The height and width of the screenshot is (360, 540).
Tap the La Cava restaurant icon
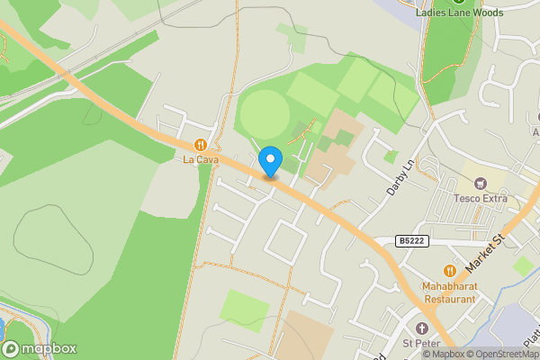click(201, 144)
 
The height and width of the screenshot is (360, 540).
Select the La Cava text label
click(201, 160)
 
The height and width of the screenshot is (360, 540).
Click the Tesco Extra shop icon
click(480, 183)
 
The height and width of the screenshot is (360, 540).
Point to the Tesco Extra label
click(480, 198)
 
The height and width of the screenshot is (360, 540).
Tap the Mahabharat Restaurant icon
click(449, 270)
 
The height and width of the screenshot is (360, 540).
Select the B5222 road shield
click(410, 241)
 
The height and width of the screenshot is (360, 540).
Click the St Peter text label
click(420, 342)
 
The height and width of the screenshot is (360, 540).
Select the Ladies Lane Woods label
click(459, 13)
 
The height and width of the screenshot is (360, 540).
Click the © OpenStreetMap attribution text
click(502, 354)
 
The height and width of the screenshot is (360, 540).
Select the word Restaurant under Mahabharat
click(449, 298)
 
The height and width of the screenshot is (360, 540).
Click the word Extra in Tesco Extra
click(494, 198)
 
